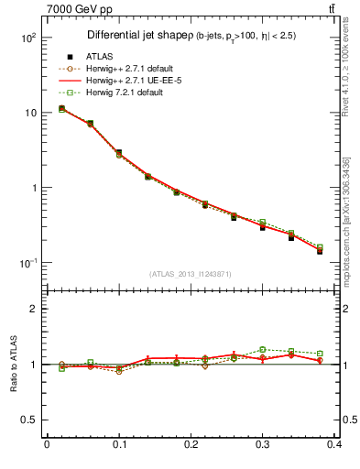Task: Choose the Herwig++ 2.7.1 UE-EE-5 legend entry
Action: pos(124,81)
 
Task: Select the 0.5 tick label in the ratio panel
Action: pos(27,420)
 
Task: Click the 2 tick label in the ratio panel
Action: pos(33,309)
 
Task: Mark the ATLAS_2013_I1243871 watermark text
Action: pos(191,274)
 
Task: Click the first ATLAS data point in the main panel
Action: pos(61,108)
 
